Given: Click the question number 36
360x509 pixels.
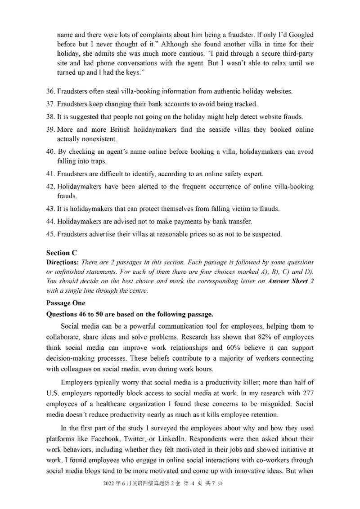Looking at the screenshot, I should click(50, 91).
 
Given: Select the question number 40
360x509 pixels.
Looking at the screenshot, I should click(50, 152).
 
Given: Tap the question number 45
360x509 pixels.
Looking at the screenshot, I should click(50, 234).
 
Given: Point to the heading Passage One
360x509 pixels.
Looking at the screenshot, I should click(65, 303).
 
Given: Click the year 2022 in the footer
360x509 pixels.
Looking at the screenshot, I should click(109, 496).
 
